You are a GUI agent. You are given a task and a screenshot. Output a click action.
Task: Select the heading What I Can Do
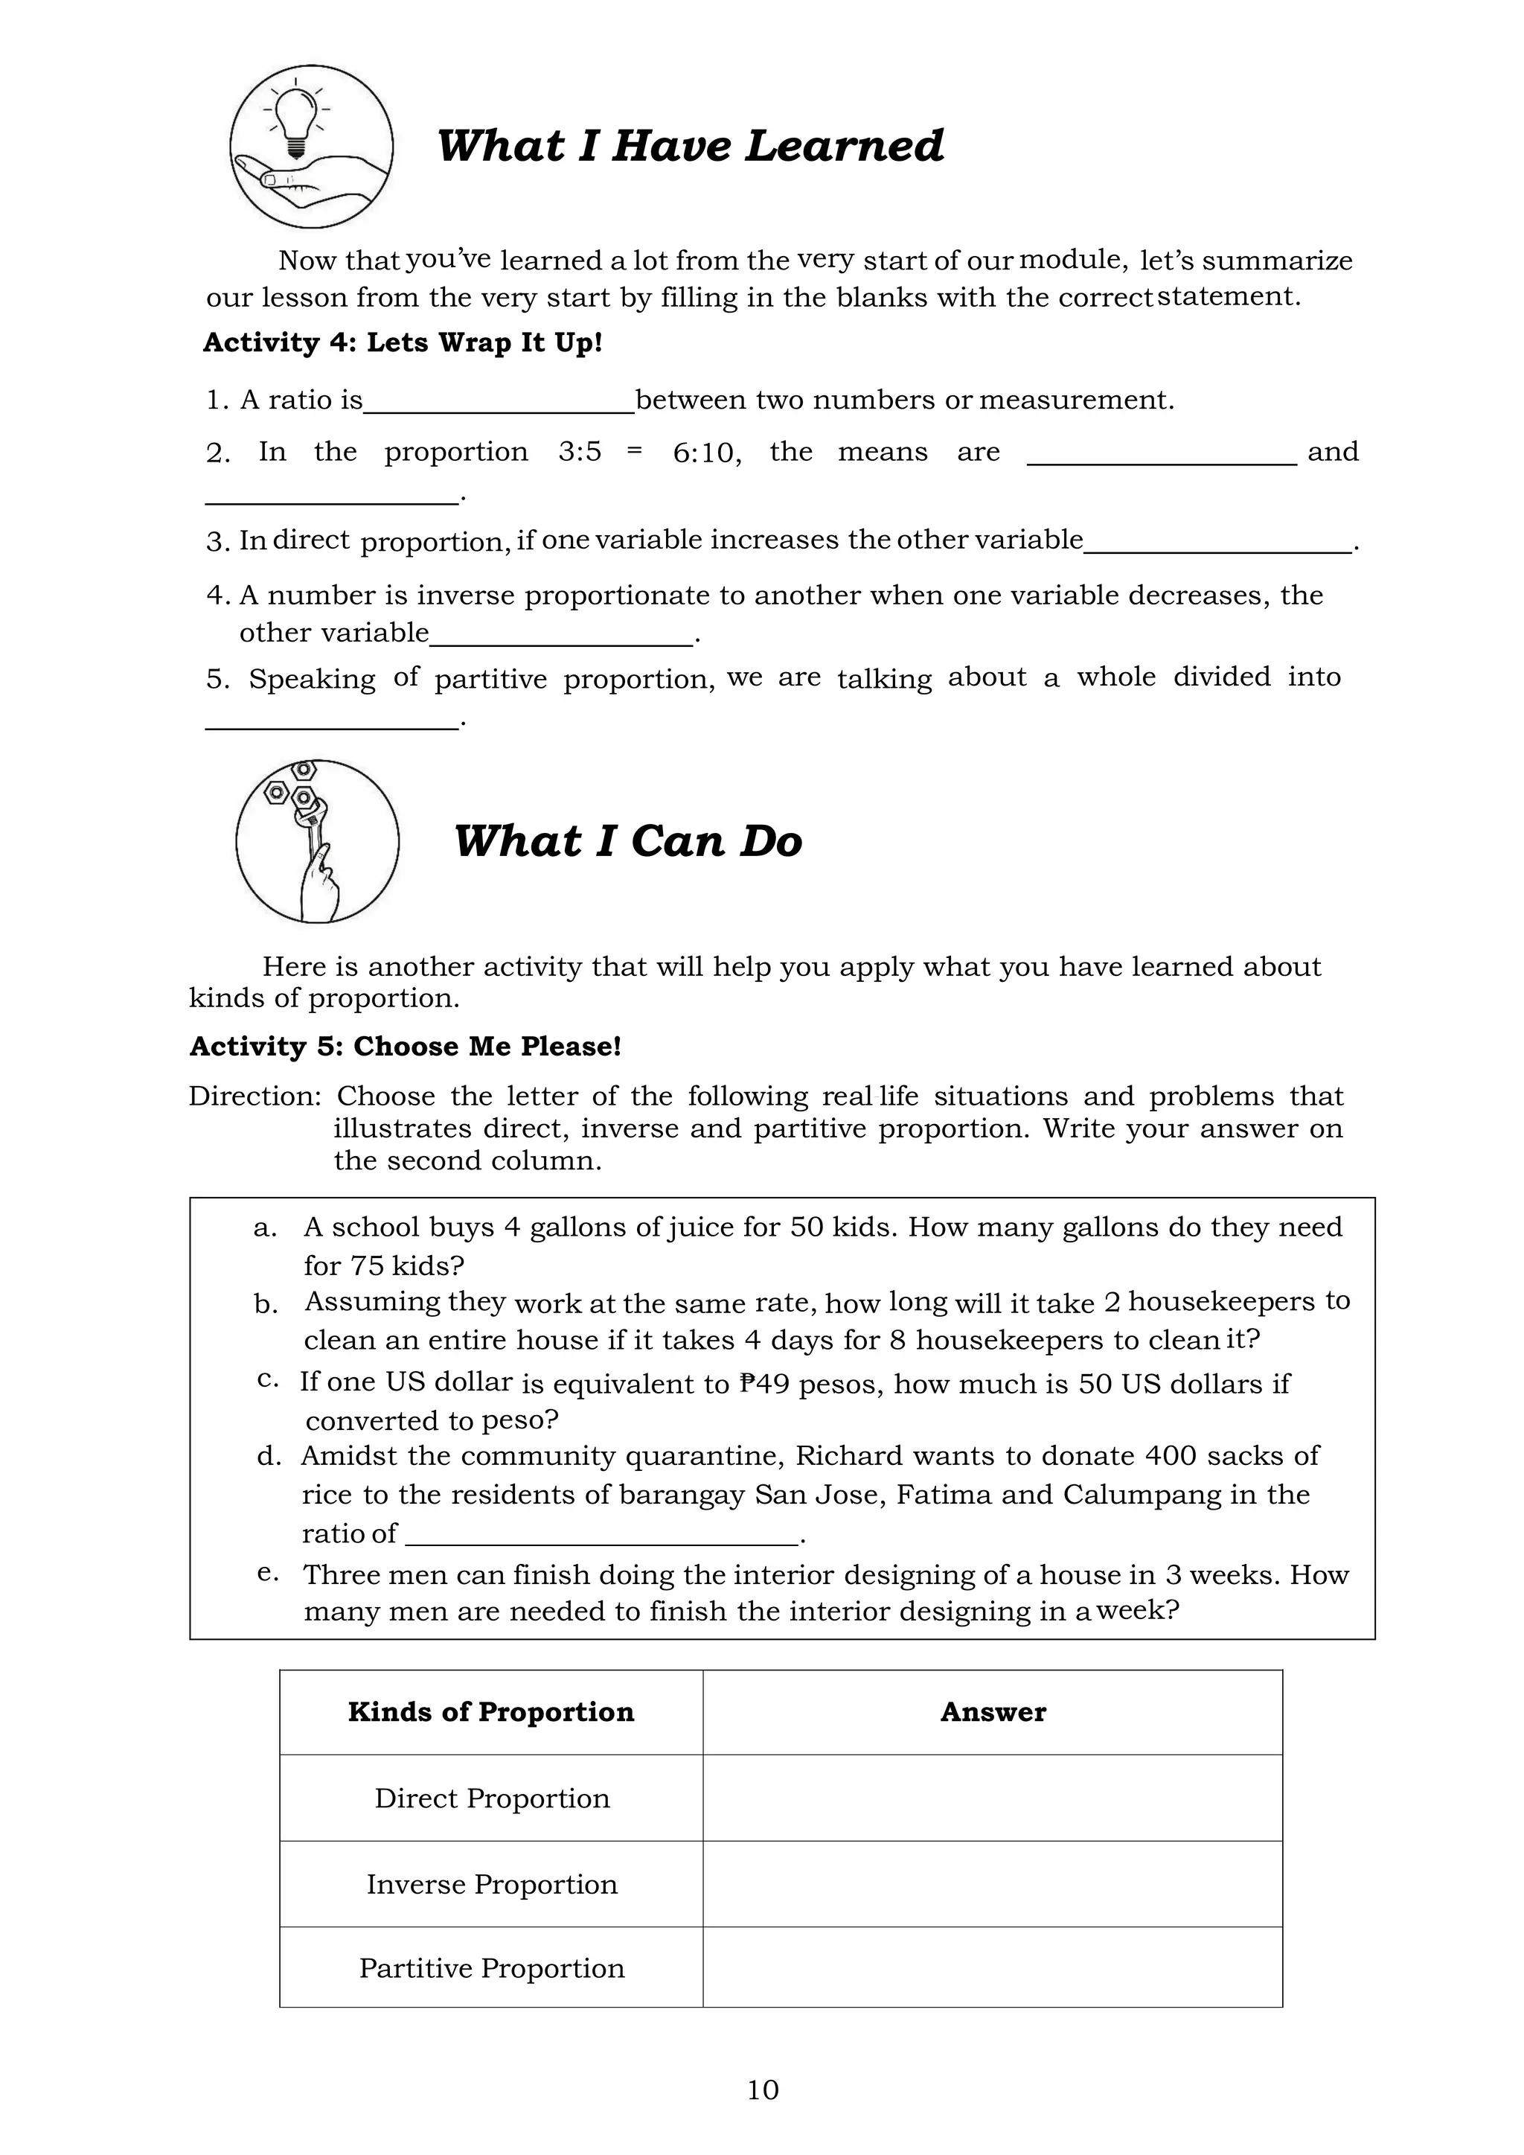pos(628,841)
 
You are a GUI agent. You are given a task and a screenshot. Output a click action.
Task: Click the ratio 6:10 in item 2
pos(704,453)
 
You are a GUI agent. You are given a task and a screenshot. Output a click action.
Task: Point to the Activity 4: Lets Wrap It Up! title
pos(403,342)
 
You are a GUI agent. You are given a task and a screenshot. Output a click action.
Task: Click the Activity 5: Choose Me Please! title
pos(406,1047)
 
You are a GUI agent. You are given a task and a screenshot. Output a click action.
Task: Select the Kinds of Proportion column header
pos(491,1712)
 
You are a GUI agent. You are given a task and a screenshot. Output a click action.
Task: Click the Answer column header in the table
pos(992,1712)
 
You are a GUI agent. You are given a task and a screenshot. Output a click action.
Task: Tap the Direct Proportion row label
pos(492,1798)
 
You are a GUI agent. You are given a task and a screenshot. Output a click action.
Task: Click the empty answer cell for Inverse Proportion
pos(992,1885)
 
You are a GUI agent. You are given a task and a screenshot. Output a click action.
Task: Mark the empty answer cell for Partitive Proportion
pos(992,1968)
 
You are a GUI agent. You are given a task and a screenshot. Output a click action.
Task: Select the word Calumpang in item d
pos(1141,1494)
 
